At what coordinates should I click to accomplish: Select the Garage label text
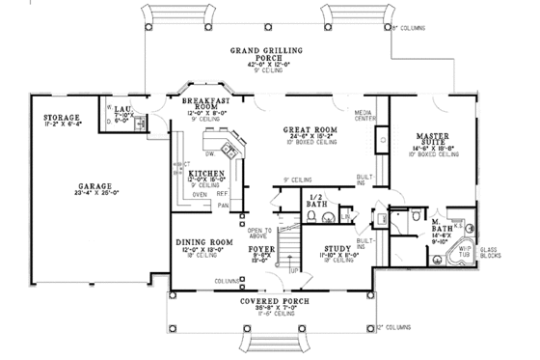[94, 184]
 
